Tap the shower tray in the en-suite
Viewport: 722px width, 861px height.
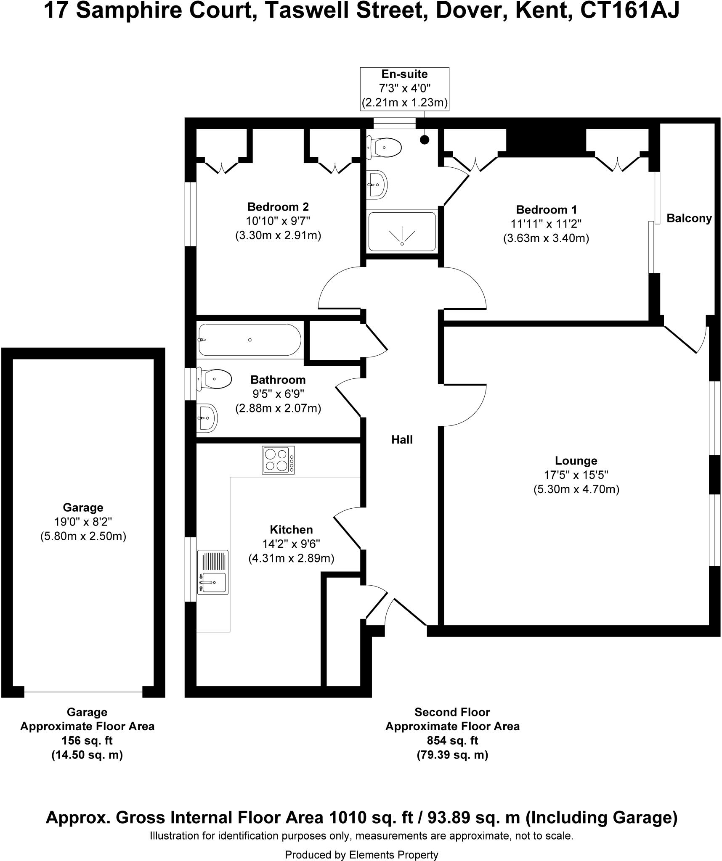(x=402, y=232)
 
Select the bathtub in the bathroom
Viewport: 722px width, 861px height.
(x=250, y=340)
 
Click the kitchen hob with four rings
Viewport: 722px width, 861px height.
(x=278, y=460)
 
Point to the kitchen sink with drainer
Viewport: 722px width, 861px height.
(x=213, y=572)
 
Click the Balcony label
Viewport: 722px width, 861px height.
(x=689, y=218)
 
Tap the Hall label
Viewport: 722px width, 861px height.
(x=402, y=440)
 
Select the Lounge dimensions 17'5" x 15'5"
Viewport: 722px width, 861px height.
(x=576, y=475)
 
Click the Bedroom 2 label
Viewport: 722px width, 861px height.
(x=278, y=207)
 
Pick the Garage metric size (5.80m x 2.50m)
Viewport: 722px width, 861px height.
(x=83, y=536)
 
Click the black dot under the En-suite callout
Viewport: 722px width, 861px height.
(x=425, y=140)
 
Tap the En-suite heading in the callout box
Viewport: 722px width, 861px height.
(x=404, y=74)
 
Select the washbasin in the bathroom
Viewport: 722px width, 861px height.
(x=207, y=418)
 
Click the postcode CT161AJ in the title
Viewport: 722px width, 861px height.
(x=630, y=11)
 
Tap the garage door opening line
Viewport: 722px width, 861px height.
(x=83, y=692)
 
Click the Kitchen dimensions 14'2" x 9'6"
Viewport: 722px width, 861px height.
(x=291, y=544)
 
